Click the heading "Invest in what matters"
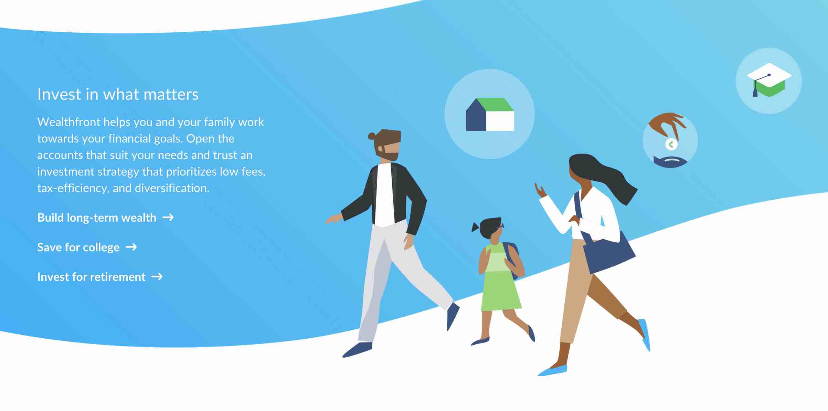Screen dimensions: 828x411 tap(118, 94)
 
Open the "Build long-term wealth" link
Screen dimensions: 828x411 tap(97, 218)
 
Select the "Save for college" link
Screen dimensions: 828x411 tap(78, 247)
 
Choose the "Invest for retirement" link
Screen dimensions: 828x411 tap(91, 277)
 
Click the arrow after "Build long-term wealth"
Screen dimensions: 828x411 tap(168, 217)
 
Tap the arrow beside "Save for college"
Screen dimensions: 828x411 tap(131, 247)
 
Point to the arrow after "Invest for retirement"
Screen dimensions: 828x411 tap(157, 276)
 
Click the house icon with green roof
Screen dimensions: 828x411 tap(490, 114)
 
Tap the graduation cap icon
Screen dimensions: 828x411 tap(769, 80)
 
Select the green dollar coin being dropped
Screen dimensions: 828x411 tap(671, 144)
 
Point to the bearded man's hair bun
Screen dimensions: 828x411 tap(371, 136)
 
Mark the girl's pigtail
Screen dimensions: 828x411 tap(475, 227)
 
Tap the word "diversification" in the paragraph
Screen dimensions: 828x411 tap(172, 188)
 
